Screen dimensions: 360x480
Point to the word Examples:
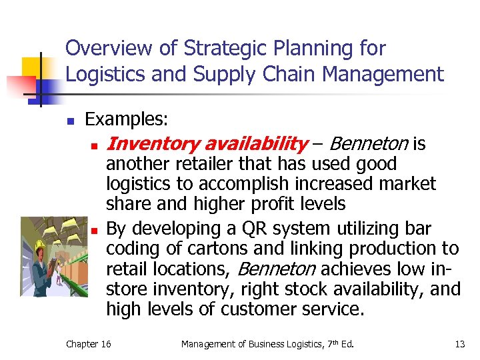point(127,120)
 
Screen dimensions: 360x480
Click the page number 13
point(459,344)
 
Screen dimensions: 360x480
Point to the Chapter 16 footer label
point(89,344)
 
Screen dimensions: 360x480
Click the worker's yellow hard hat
point(33,229)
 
